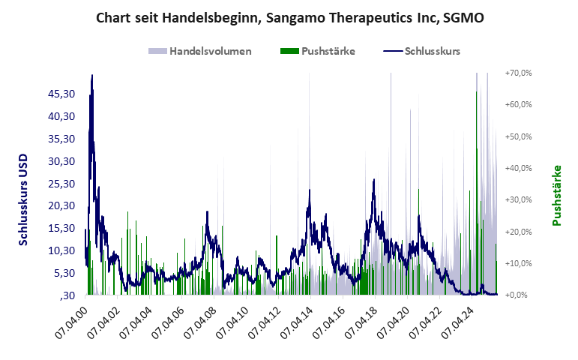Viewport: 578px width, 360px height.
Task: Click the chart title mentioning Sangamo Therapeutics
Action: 289,17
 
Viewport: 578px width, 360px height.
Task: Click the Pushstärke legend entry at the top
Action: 328,51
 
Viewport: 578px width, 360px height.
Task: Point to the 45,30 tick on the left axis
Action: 61,94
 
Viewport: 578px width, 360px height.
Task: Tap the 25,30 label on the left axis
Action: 61,183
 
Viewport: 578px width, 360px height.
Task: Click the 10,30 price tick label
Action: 61,250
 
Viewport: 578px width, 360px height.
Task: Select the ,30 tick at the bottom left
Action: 67,295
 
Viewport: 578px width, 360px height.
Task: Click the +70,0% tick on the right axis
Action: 518,73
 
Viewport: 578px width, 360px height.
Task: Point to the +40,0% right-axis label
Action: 518,168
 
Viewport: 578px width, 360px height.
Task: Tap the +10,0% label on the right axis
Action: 518,263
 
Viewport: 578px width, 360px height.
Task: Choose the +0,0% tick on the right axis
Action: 520,295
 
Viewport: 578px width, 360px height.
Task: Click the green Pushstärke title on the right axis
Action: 556,195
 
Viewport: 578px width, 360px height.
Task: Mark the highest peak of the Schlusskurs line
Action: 91,75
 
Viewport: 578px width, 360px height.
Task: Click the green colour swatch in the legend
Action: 289,51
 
